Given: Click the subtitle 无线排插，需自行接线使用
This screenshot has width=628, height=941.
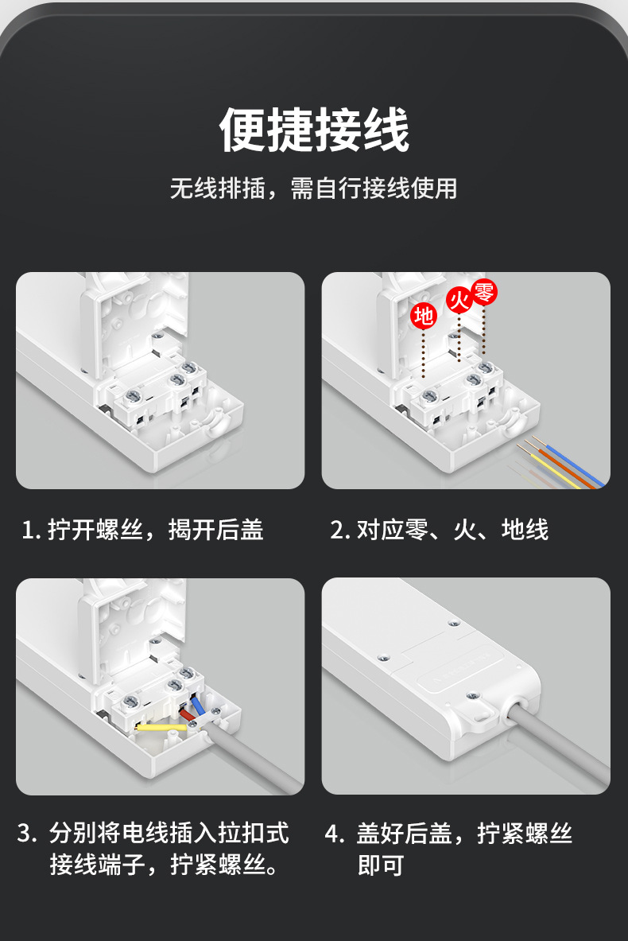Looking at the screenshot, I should [x=314, y=189].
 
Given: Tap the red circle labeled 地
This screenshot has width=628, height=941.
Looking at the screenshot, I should [x=424, y=316].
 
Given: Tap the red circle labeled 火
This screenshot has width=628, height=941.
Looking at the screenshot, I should [x=459, y=300].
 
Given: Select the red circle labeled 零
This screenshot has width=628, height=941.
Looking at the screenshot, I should [x=484, y=292].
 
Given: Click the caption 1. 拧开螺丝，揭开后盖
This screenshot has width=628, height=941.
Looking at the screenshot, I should [x=143, y=529].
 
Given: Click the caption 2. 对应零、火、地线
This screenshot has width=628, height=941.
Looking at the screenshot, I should [x=439, y=529].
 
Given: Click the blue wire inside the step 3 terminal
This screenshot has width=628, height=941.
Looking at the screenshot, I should [x=197, y=706].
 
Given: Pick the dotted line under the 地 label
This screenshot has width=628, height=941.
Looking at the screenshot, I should [x=424, y=354].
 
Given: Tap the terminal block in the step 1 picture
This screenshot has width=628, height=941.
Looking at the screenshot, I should [x=159, y=390].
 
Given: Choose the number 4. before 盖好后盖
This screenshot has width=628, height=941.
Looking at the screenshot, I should [x=335, y=834].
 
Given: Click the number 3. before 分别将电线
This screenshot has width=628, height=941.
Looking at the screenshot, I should [x=27, y=834].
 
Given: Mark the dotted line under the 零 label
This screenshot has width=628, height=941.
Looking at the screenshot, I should [x=484, y=330].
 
